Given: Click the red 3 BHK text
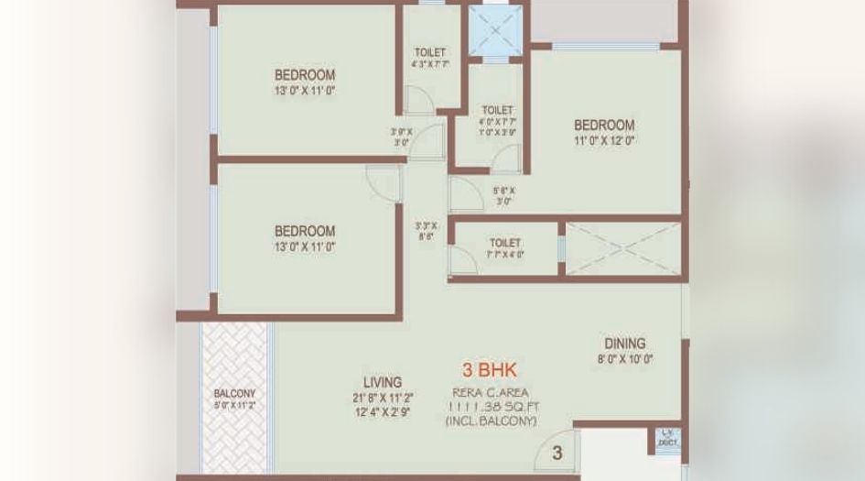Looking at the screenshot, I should point(489,370).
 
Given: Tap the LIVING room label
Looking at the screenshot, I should point(382,382).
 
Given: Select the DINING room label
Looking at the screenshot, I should point(624,344).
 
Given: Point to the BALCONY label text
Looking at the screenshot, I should point(234,393).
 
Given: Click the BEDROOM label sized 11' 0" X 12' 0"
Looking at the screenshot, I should point(604,125).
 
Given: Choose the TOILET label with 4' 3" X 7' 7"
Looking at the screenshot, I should point(430,52).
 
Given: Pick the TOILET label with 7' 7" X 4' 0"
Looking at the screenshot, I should point(505,243).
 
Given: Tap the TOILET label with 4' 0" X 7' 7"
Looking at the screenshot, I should point(497,110).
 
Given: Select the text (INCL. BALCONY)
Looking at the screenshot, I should point(491,421).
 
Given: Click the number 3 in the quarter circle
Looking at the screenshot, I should point(557,453).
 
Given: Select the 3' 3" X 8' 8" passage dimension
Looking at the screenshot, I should point(426,230).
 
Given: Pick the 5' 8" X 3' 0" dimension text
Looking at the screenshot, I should point(503,196).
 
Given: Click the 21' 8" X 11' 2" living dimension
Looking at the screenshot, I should point(382,398).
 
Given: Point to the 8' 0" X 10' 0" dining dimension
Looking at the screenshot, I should point(624,360).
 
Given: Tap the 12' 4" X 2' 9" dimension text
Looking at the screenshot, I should point(382,412).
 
